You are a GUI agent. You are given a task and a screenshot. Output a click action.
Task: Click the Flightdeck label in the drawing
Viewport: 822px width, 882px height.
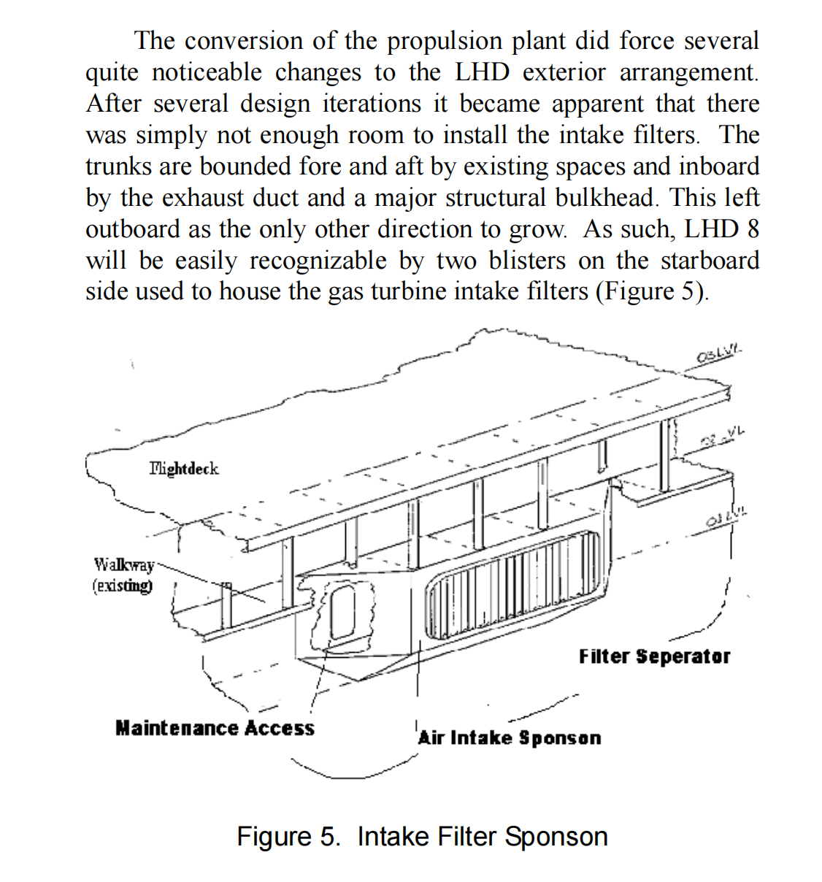pos(183,468)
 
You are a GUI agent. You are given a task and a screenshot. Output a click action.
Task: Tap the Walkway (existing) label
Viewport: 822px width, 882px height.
pos(123,575)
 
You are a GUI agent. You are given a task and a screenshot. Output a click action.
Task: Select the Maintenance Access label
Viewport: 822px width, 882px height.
pos(215,728)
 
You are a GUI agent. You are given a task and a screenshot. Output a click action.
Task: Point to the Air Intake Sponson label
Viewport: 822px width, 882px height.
pos(510,737)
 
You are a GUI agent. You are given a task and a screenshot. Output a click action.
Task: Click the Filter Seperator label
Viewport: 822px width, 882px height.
pos(654,656)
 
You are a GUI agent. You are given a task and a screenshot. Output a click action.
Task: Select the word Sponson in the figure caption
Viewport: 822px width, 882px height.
pos(556,836)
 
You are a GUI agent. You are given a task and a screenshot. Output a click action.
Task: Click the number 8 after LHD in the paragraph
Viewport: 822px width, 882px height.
pos(753,229)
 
